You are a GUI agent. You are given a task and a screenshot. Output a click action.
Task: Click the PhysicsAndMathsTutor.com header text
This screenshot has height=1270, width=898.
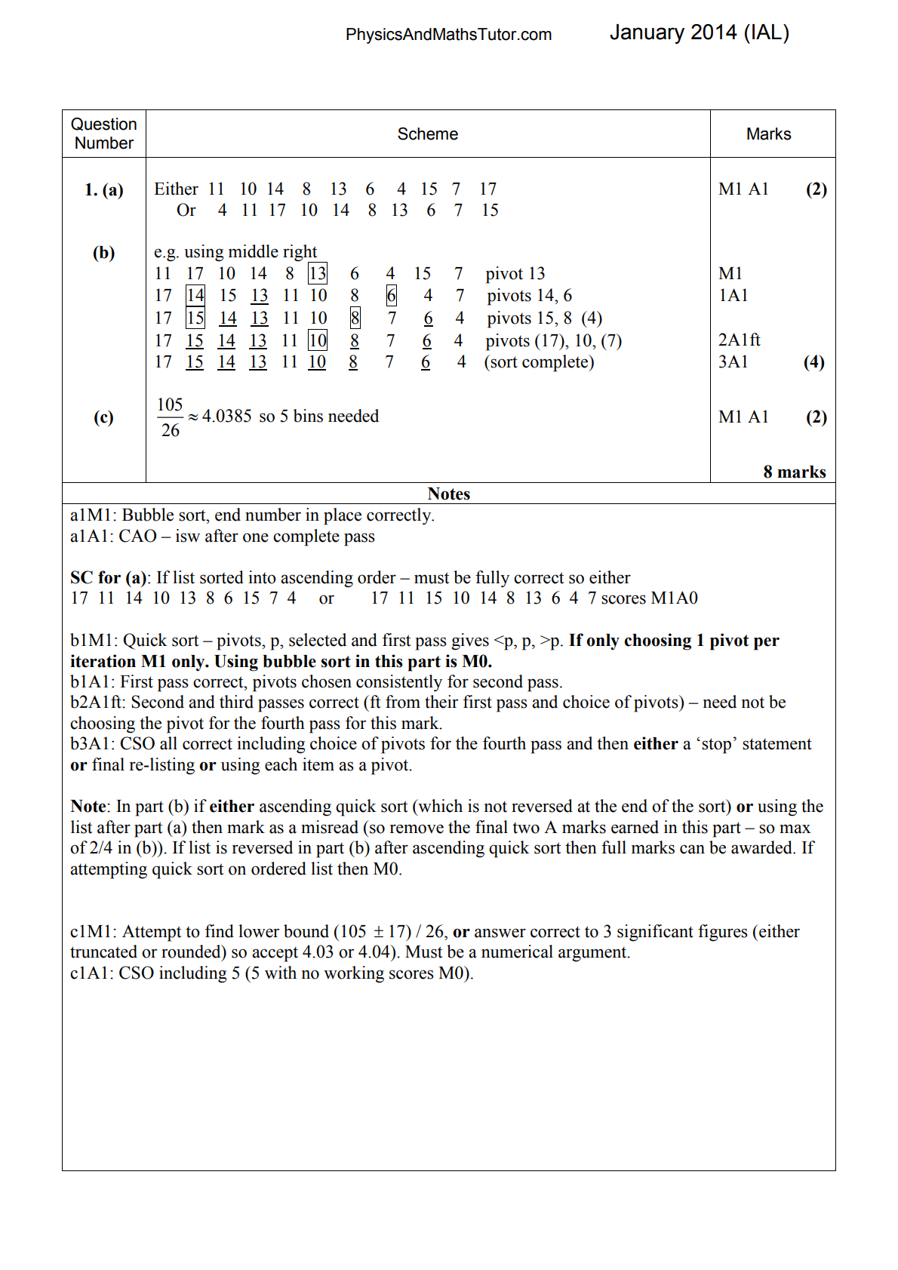[x=448, y=35]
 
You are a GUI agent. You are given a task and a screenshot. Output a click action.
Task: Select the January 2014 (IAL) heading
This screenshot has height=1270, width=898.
[x=699, y=32]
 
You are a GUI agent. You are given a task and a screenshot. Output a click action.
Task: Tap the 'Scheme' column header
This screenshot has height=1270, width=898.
[x=427, y=134]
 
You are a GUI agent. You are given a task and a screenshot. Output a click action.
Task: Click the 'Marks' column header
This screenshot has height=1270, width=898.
[x=768, y=134]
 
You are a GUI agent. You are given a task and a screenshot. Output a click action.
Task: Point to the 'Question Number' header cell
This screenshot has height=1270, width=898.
[x=104, y=134]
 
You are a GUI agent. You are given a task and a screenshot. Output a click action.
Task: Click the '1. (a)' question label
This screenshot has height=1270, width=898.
[x=104, y=189]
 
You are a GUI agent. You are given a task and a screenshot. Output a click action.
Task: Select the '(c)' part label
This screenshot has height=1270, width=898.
[x=103, y=417]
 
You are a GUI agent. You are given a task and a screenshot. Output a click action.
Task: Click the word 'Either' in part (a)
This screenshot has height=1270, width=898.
[x=176, y=189]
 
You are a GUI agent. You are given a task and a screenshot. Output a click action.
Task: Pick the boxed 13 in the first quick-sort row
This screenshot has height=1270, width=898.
[x=318, y=273]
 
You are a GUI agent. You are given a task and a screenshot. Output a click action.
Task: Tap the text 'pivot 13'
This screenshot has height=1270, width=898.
[x=515, y=273]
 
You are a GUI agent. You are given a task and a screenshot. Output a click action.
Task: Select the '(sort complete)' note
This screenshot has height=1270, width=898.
[x=539, y=362]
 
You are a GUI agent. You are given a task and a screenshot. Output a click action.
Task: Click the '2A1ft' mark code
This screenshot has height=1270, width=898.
[x=739, y=340]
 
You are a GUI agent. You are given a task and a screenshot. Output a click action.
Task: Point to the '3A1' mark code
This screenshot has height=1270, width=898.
[x=733, y=362]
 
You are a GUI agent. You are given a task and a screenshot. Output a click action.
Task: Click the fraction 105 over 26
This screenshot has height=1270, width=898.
[x=171, y=417]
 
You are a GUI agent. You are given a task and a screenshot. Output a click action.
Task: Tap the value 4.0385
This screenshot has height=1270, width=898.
[x=226, y=417]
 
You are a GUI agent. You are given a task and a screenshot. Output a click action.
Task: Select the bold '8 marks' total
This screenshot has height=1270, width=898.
[x=794, y=472]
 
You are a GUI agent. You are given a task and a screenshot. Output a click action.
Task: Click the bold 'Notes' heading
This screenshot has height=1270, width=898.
[x=448, y=494]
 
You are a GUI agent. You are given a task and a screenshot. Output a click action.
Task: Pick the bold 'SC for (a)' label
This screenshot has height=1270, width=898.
[x=110, y=578]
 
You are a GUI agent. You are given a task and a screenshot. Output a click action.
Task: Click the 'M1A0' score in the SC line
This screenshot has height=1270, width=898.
[x=673, y=598]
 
